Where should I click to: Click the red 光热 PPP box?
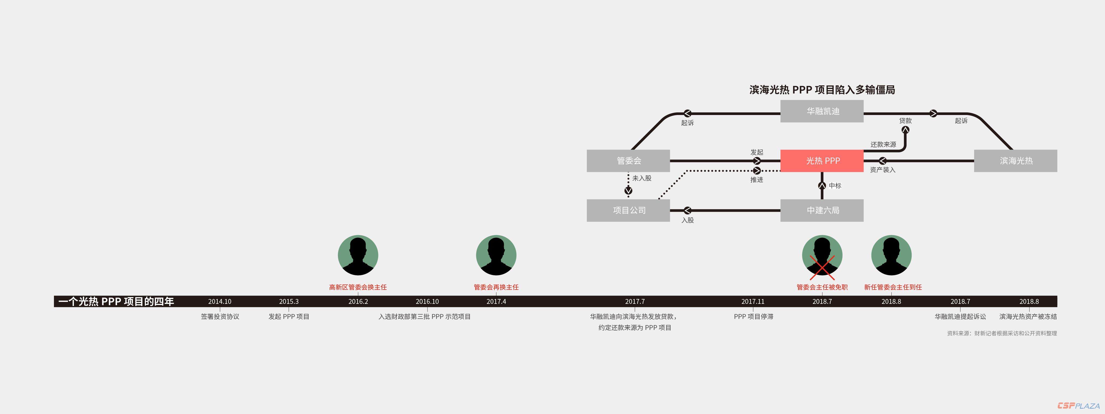coord(822,161)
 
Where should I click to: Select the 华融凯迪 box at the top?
coord(822,111)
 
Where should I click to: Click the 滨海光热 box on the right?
coord(1015,161)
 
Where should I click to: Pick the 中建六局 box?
coord(822,210)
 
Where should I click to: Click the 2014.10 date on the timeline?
coord(220,301)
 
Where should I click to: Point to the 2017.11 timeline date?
coord(753,301)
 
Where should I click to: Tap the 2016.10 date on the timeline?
coord(427,301)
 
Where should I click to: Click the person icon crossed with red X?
coord(822,255)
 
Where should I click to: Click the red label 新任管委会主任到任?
coord(893,287)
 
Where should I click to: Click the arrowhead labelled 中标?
coord(822,186)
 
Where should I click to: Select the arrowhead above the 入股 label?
coord(687,210)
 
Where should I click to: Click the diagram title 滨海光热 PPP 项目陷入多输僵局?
coord(822,90)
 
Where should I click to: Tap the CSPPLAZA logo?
coord(1078,405)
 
